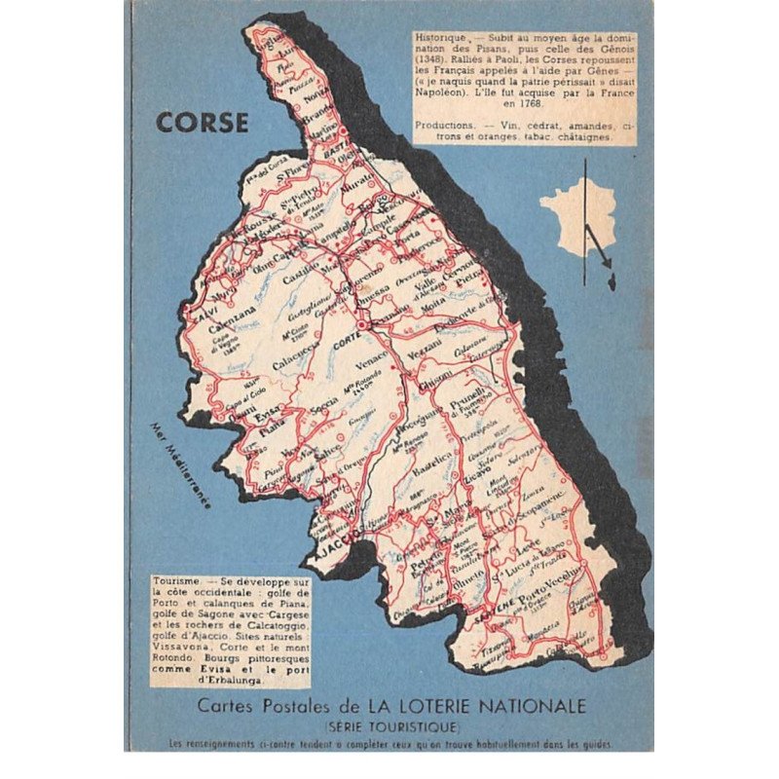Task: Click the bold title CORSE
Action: (x=202, y=124)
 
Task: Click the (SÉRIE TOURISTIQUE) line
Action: (x=390, y=726)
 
